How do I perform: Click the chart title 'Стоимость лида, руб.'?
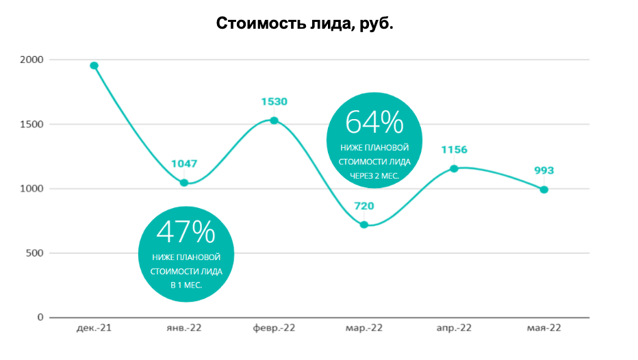tap(305, 24)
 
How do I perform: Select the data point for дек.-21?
tap(94, 66)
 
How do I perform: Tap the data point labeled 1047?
tap(184, 183)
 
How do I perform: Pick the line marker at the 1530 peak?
tap(274, 120)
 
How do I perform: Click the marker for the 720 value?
tap(364, 224)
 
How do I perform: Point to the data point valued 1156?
tap(454, 168)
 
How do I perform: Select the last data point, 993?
tap(544, 190)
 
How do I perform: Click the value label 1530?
tap(274, 102)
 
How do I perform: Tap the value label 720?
tap(364, 206)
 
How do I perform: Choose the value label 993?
tap(544, 171)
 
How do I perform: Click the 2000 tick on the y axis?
tap(31, 60)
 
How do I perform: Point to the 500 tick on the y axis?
tap(34, 253)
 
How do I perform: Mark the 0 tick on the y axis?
tap(40, 318)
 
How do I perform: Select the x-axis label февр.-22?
tap(274, 329)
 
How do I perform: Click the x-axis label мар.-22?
tap(364, 329)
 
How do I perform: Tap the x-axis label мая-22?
tap(544, 329)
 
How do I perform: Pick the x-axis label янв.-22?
tap(184, 329)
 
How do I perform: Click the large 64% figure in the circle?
tap(374, 123)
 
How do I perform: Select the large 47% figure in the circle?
tap(186, 233)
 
